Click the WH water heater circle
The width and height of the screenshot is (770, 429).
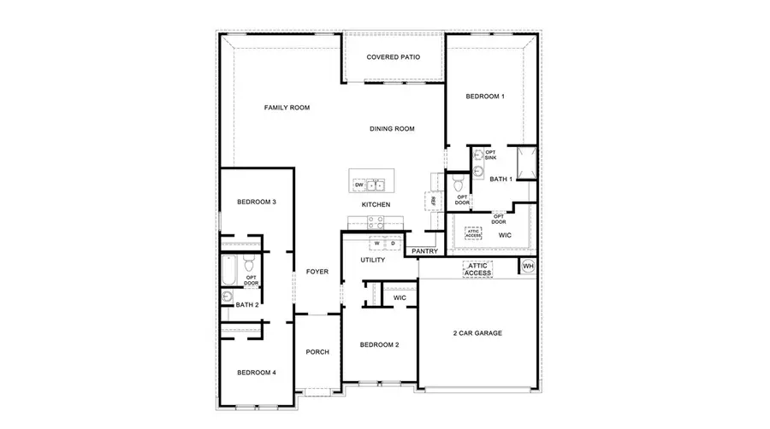(x=528, y=267)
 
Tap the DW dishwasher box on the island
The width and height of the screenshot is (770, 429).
(x=359, y=185)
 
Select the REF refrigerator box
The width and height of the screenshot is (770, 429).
(x=434, y=200)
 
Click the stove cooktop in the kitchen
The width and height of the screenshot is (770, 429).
(x=375, y=220)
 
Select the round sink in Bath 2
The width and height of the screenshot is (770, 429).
(x=228, y=297)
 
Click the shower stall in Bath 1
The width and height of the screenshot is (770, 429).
(x=524, y=163)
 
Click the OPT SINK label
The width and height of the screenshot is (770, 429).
(x=490, y=156)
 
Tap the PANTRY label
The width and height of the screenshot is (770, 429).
(x=424, y=251)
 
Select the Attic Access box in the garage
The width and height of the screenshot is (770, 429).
(x=477, y=269)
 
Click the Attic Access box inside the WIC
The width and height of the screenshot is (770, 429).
(x=473, y=232)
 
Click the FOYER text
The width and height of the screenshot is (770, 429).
(x=317, y=272)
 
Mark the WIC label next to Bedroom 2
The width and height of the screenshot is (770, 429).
(x=399, y=297)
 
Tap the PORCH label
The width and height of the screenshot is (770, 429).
(x=317, y=351)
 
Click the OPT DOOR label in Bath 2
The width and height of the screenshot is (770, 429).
(x=252, y=281)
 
